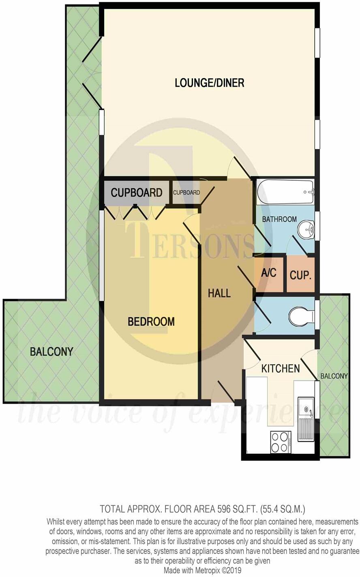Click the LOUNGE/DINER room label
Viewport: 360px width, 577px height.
point(209,83)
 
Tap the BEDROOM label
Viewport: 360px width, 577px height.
point(151,322)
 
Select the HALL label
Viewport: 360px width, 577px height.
point(219,293)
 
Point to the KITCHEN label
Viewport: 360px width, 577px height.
point(280,368)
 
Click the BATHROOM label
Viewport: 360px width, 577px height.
point(279,219)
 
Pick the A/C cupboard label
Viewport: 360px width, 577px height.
point(268,273)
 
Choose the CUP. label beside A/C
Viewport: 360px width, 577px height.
point(300,276)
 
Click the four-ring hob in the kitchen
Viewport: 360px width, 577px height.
point(280,442)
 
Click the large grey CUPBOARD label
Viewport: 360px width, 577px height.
point(136,192)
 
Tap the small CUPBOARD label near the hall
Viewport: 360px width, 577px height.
point(186,192)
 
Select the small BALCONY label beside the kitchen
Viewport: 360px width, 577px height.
point(334,376)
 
